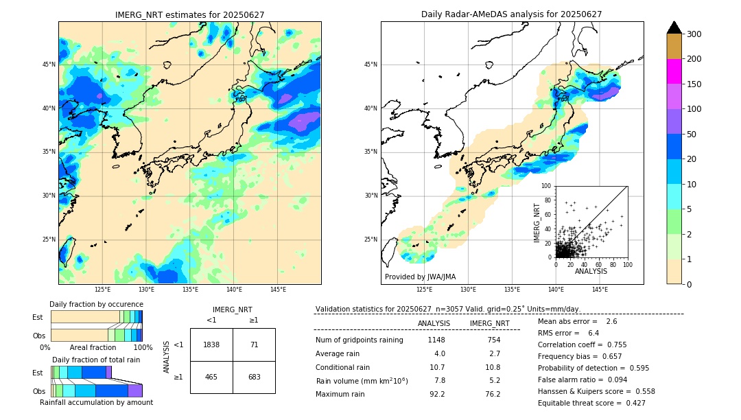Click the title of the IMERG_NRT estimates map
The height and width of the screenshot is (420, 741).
(189, 14)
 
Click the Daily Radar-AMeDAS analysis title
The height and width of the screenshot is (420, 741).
(511, 14)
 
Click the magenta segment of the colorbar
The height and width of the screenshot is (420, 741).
(674, 71)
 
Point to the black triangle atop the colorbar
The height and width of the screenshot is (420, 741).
(674, 27)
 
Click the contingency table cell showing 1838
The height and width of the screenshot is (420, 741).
(211, 345)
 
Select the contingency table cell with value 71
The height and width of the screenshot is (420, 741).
(254, 345)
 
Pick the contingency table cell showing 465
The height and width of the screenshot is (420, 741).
(211, 377)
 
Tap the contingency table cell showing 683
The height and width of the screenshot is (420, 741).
(254, 377)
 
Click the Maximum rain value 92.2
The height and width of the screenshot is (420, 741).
(437, 394)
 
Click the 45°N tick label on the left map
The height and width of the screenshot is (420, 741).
(49, 65)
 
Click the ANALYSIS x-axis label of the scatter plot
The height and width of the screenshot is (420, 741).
(591, 271)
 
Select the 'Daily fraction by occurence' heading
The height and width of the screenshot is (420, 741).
(96, 304)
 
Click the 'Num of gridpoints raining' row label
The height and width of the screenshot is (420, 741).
(359, 340)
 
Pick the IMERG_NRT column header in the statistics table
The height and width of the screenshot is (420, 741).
(489, 323)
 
